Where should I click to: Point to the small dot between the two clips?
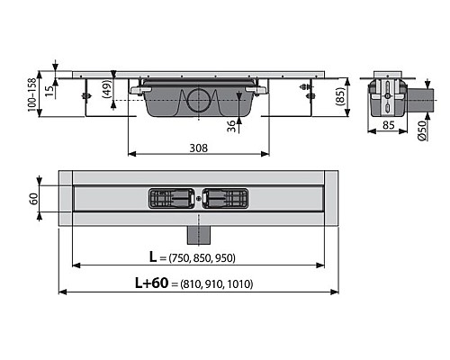199,197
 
